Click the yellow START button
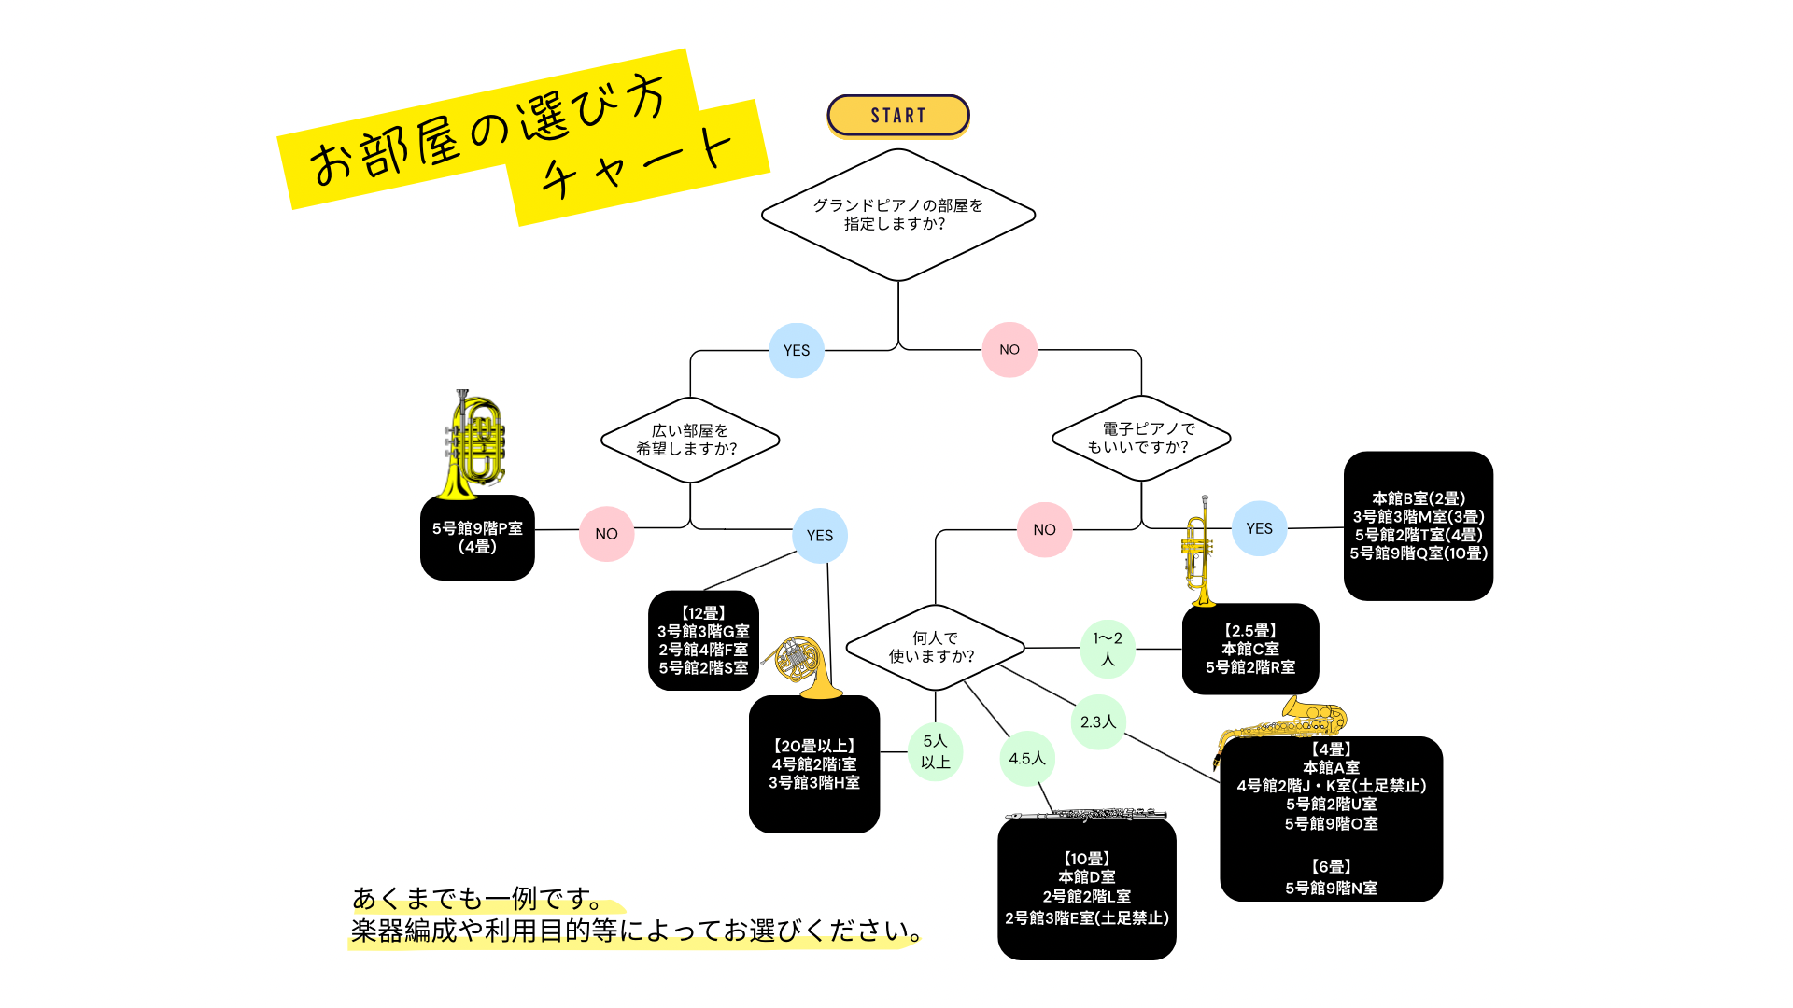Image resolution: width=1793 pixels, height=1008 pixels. pos(897,116)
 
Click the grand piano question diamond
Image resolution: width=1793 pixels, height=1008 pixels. pos(897,215)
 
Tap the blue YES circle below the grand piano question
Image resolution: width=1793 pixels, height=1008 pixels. pos(797,350)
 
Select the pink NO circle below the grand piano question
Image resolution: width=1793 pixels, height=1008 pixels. pos(1009,349)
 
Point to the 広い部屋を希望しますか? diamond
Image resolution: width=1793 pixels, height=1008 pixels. pos(689,440)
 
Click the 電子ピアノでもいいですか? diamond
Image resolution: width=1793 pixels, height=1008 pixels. pos(1140,438)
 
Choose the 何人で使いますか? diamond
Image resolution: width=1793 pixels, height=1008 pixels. pos(934,647)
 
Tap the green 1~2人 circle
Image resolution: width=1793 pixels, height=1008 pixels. pos(1108,649)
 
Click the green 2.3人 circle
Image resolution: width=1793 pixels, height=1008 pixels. pos(1098,721)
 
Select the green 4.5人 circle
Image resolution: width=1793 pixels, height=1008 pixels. pos(1027,759)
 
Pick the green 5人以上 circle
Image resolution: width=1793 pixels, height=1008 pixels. pos(935,751)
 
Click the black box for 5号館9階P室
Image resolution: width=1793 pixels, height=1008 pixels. pos(477,538)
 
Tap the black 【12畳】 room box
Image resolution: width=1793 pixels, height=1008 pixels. pos(703,640)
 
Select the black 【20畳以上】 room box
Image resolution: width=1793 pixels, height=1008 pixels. pos(814,764)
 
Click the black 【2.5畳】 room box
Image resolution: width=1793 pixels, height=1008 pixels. pos(1250,649)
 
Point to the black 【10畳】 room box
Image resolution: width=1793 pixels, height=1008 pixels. pos(1086,889)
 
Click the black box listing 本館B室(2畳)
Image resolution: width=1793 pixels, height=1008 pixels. pos(1418,525)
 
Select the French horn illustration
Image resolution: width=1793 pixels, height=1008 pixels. pos(802,665)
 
